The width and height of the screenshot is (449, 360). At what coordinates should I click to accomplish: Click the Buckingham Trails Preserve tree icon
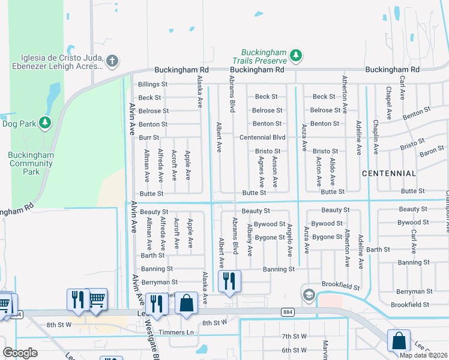(x=295, y=56)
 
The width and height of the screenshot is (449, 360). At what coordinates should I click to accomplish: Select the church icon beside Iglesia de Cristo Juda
(x=112, y=61)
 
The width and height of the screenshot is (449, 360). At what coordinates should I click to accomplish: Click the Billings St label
(x=152, y=85)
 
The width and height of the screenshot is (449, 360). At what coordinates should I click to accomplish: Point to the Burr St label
(x=149, y=138)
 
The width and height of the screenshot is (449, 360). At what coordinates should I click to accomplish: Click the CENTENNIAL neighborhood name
(x=389, y=173)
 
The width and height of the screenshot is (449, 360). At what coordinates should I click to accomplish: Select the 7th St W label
(x=294, y=336)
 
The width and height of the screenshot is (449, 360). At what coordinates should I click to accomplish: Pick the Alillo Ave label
(x=333, y=172)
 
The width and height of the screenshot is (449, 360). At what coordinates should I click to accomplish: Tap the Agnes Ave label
(x=261, y=170)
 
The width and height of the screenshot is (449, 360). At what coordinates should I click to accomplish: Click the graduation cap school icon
(x=309, y=294)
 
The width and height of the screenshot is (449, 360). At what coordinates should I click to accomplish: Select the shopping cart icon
(x=97, y=299)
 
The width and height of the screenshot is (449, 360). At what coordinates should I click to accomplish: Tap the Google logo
(x=20, y=353)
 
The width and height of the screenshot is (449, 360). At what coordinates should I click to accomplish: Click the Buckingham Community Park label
(x=31, y=163)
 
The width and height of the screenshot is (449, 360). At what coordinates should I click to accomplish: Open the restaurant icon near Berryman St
(x=229, y=281)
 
